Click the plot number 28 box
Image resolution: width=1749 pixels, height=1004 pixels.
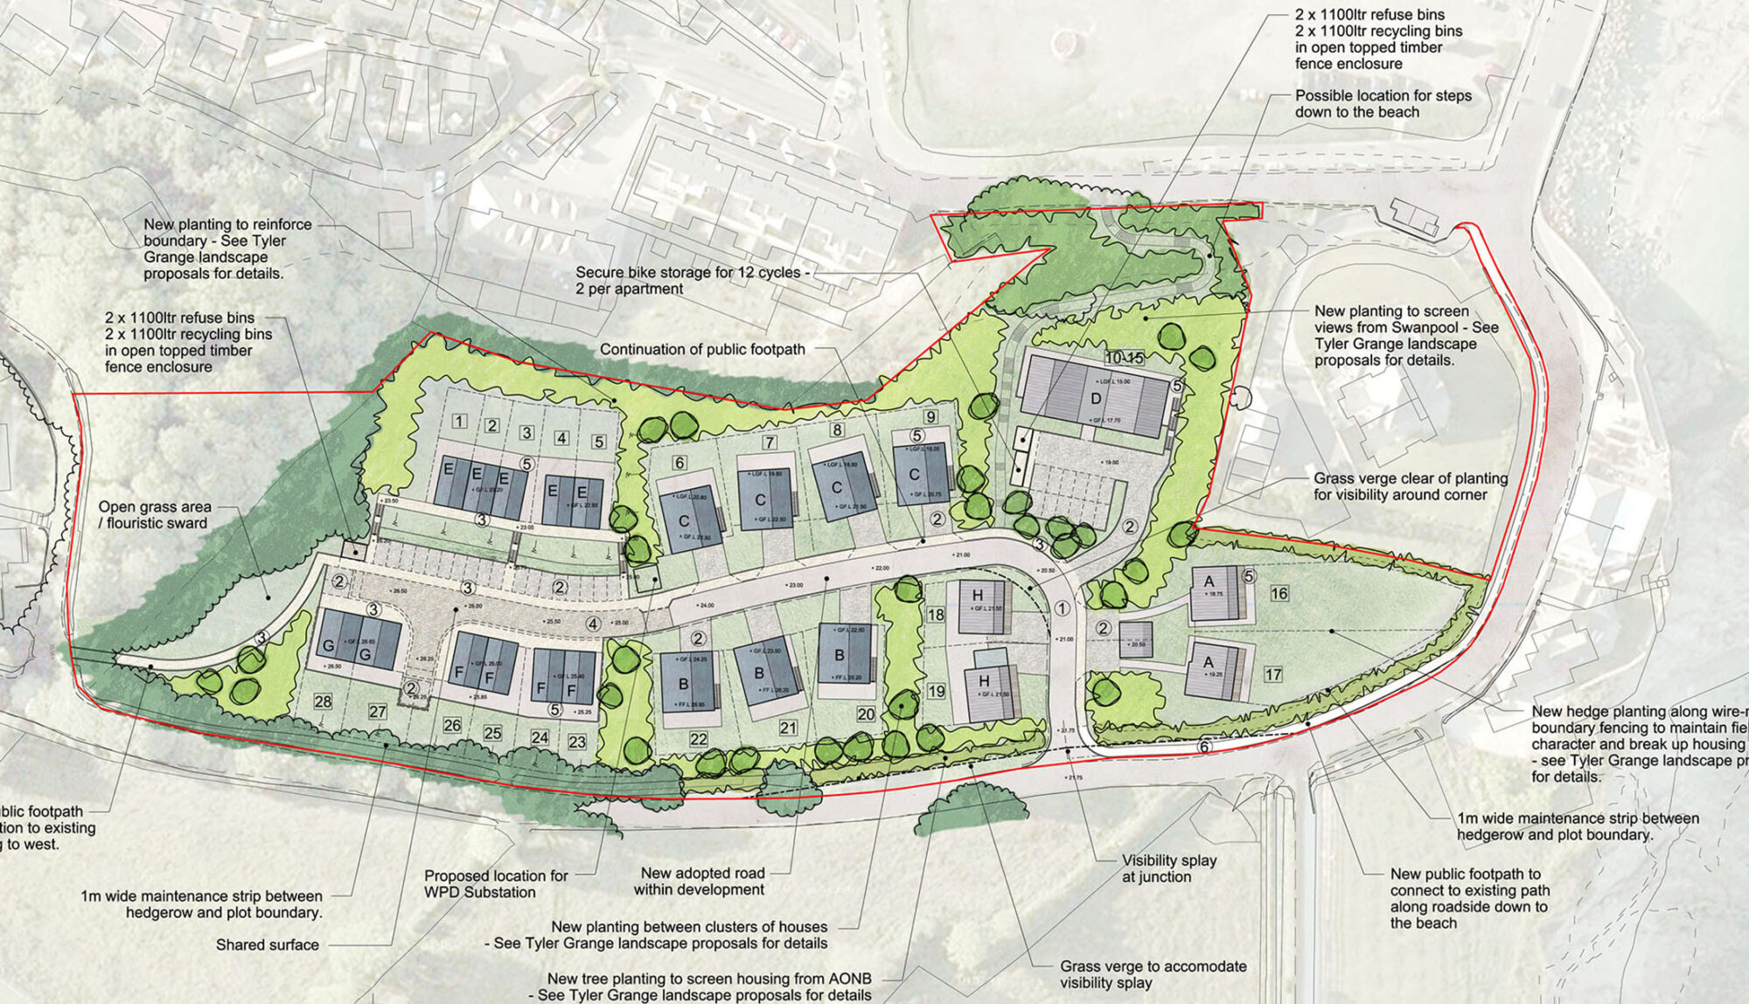323,701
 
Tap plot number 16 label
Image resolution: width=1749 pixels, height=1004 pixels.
1279,594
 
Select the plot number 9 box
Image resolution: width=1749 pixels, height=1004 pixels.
930,417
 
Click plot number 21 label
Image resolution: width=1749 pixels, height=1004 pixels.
788,728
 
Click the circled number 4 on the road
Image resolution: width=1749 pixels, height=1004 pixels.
593,624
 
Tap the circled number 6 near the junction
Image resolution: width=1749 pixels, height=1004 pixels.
1204,747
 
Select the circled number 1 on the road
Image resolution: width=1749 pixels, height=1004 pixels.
1063,609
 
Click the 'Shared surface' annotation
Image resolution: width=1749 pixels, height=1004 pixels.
268,945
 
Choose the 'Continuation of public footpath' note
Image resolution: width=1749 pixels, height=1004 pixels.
702,349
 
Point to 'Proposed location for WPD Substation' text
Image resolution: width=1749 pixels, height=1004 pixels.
496,883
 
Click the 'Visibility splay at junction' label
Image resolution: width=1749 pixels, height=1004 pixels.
1168,868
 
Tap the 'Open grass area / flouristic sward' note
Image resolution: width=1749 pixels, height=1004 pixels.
154,514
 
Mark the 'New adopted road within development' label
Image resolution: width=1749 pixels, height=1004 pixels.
702,881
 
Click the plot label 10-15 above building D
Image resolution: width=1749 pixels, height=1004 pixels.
1124,358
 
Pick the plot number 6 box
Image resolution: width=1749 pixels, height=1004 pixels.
679,463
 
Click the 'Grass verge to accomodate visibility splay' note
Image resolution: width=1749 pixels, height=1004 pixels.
1153,974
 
